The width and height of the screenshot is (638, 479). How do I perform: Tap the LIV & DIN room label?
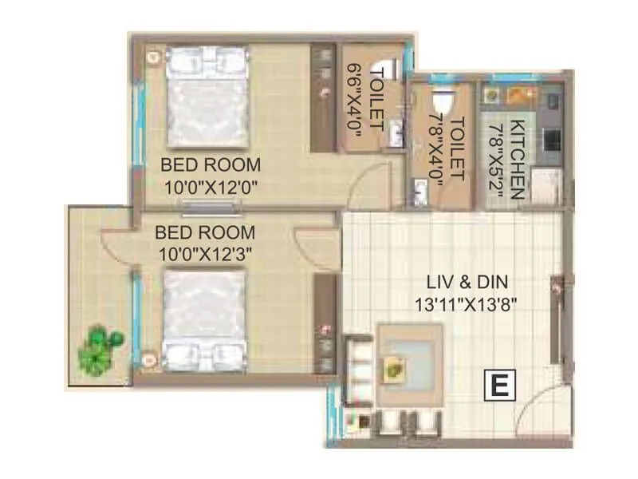pyautogui.click(x=467, y=281)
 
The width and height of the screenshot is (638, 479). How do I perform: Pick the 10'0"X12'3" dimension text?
pyautogui.click(x=205, y=255)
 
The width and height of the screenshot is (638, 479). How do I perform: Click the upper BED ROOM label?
pyautogui.click(x=211, y=165)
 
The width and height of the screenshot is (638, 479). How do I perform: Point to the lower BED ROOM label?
pyautogui.click(x=205, y=233)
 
